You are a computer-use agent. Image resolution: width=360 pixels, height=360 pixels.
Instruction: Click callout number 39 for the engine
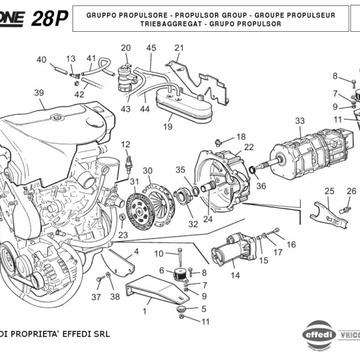[39, 92]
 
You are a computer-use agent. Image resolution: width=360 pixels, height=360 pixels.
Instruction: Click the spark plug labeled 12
[127, 163]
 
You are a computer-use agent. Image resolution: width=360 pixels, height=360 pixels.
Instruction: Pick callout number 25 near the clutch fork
[329, 191]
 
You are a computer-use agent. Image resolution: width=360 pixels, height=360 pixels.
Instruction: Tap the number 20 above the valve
[125, 48]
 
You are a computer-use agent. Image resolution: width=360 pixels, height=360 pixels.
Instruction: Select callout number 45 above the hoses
[151, 48]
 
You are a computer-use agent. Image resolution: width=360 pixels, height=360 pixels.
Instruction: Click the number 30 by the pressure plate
[147, 170]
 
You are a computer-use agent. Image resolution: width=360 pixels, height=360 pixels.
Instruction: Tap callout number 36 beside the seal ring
[260, 186]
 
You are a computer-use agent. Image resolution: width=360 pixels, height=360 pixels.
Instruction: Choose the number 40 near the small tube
[41, 59]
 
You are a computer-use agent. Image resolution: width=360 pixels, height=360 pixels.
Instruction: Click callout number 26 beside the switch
[352, 191]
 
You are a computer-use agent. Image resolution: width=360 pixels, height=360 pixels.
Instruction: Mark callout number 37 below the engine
[96, 296]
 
